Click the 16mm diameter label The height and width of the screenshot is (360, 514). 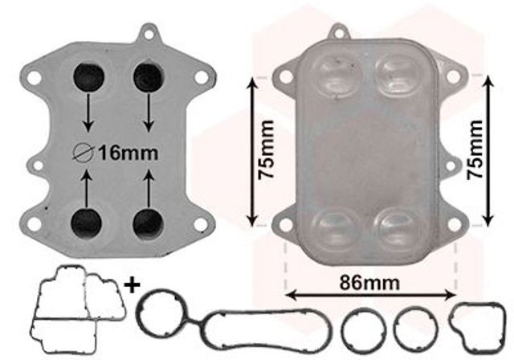pos(128,153)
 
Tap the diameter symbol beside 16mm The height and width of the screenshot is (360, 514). pos(84,153)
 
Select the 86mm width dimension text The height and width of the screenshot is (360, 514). pos(369,283)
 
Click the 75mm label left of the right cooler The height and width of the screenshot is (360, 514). pos(266,149)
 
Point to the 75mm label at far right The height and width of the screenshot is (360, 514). pos(475,149)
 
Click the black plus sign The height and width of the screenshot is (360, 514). pos(133,284)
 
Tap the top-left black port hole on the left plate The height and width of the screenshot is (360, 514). pos(88,77)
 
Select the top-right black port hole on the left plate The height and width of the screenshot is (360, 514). pos(149,77)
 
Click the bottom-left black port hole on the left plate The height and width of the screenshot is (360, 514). pos(87,223)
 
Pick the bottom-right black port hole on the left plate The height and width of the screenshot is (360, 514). pos(148,223)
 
